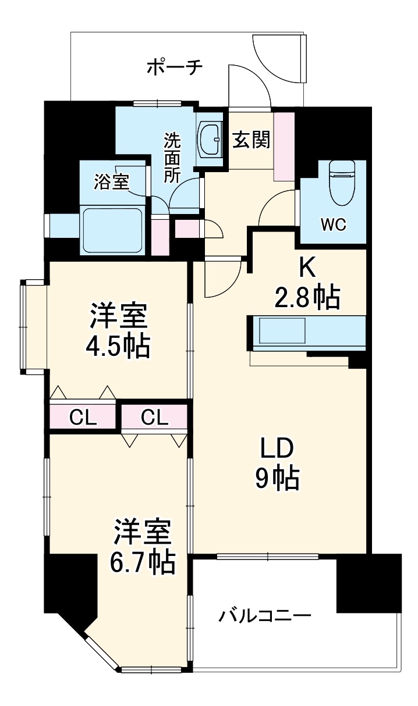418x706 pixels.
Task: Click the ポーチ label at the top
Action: click(x=174, y=68)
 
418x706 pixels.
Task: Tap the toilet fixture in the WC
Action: click(x=342, y=182)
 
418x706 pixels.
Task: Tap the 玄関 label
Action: click(x=251, y=140)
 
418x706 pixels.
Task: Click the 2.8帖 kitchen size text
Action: click(x=307, y=298)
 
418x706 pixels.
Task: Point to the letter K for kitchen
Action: click(x=307, y=268)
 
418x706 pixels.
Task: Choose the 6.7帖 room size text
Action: click(x=143, y=562)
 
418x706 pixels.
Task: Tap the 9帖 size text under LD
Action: click(x=277, y=479)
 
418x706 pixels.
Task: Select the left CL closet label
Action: click(x=83, y=416)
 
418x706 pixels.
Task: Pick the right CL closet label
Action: click(x=154, y=416)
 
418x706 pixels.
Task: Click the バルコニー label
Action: click(x=265, y=615)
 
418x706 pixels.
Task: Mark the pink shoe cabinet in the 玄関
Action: click(x=285, y=146)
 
